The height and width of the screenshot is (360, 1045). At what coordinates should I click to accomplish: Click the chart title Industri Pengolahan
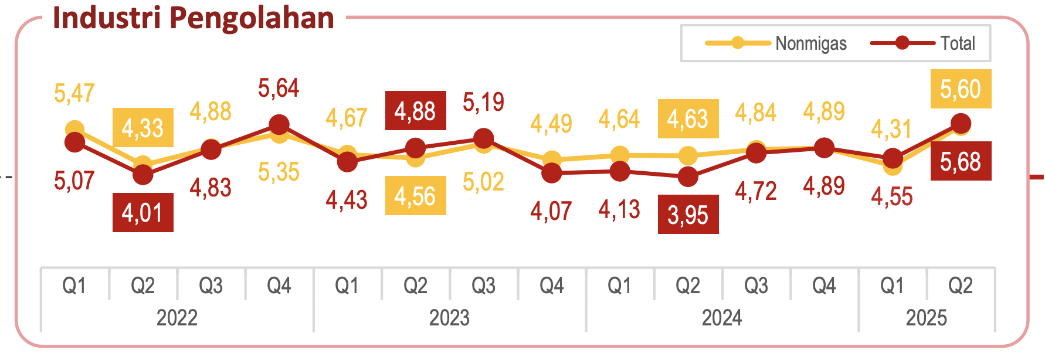tap(194, 18)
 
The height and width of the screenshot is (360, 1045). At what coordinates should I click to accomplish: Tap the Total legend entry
tap(924, 43)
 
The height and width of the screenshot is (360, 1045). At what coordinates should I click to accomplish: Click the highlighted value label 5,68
tap(961, 161)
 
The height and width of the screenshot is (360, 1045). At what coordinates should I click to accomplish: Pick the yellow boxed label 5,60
tap(961, 89)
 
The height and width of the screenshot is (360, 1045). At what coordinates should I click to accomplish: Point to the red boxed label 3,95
tap(688, 215)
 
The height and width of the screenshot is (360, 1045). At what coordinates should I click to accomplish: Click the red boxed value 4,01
tap(142, 212)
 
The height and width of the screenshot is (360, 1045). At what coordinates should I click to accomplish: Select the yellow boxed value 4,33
tap(142, 128)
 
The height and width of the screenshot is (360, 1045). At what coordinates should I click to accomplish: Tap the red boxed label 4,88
tap(415, 111)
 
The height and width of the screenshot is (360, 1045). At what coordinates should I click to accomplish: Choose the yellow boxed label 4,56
tap(415, 196)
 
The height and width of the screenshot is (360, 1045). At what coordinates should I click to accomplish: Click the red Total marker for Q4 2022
tap(279, 125)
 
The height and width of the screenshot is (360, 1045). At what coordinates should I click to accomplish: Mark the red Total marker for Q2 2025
tap(961, 124)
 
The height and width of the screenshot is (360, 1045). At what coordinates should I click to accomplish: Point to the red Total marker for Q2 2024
tap(688, 176)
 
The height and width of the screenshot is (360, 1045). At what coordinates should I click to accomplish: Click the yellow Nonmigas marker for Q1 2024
tap(620, 155)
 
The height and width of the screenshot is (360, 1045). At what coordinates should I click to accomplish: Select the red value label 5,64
tap(279, 89)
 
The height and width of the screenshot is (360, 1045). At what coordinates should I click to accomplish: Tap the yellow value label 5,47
tap(74, 93)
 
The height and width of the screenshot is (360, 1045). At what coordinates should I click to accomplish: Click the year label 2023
tap(449, 318)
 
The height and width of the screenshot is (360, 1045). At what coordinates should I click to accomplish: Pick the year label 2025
tap(927, 318)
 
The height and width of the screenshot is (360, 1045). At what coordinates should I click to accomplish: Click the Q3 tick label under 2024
tap(756, 286)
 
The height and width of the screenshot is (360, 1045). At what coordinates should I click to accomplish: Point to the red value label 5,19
tap(483, 102)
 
